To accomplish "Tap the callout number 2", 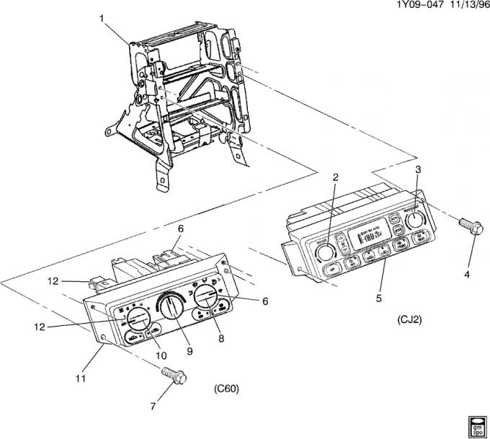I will click(x=335, y=177).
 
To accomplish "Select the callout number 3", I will click(x=417, y=169).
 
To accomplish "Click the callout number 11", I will click(x=80, y=377).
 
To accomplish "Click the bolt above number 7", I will click(x=171, y=376).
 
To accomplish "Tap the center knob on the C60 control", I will click(x=171, y=307).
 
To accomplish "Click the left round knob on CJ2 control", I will click(x=326, y=252).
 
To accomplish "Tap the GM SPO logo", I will click(x=476, y=425).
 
